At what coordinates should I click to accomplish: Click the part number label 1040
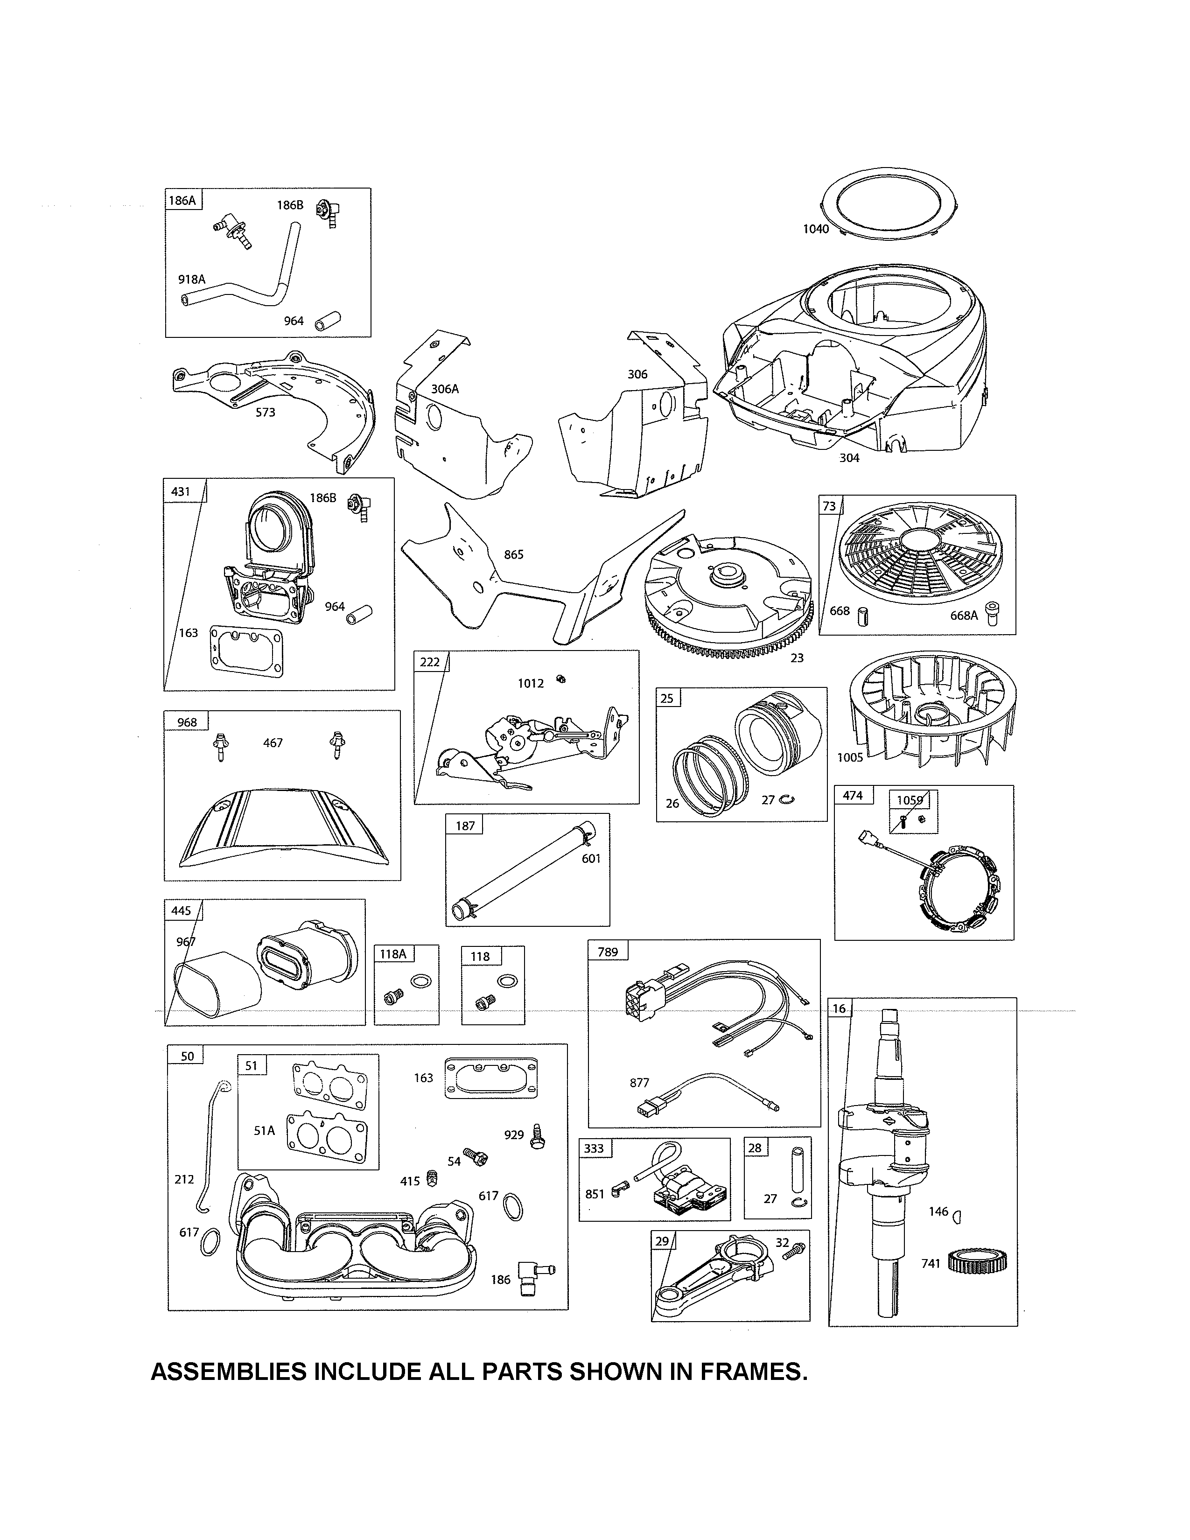[816, 229]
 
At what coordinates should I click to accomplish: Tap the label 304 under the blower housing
[849, 458]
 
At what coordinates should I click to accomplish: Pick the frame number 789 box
[607, 952]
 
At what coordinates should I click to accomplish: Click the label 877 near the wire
[639, 1082]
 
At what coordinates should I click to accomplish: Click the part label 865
[513, 554]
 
